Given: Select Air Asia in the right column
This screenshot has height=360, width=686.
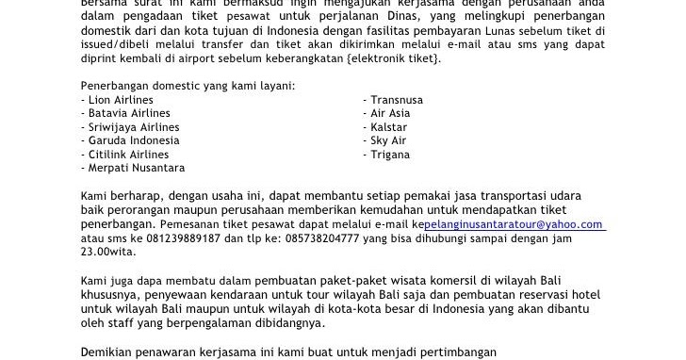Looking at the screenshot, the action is pos(392,112).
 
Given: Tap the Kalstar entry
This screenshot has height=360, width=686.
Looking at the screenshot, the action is pos(389,126).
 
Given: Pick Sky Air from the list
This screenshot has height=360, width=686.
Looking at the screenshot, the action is pos(389,140).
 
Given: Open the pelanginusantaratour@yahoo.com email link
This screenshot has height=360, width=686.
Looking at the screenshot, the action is pos(514,224).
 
